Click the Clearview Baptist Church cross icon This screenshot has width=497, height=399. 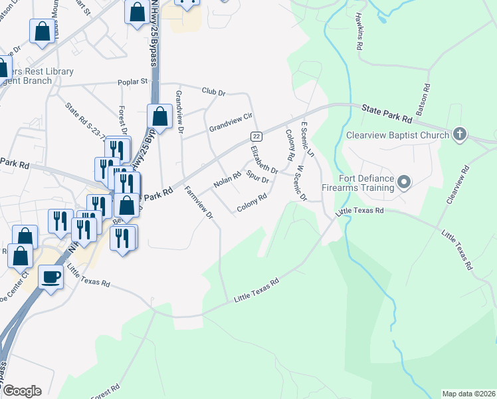[x=459, y=134]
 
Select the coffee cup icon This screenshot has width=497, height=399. [x=50, y=277]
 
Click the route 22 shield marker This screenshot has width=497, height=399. [x=256, y=136]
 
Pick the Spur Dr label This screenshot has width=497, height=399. [x=257, y=176]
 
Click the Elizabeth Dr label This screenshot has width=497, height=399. [x=264, y=160]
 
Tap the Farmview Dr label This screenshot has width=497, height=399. [x=199, y=203]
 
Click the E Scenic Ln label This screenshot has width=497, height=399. [x=307, y=139]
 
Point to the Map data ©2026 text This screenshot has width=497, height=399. [x=468, y=394]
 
